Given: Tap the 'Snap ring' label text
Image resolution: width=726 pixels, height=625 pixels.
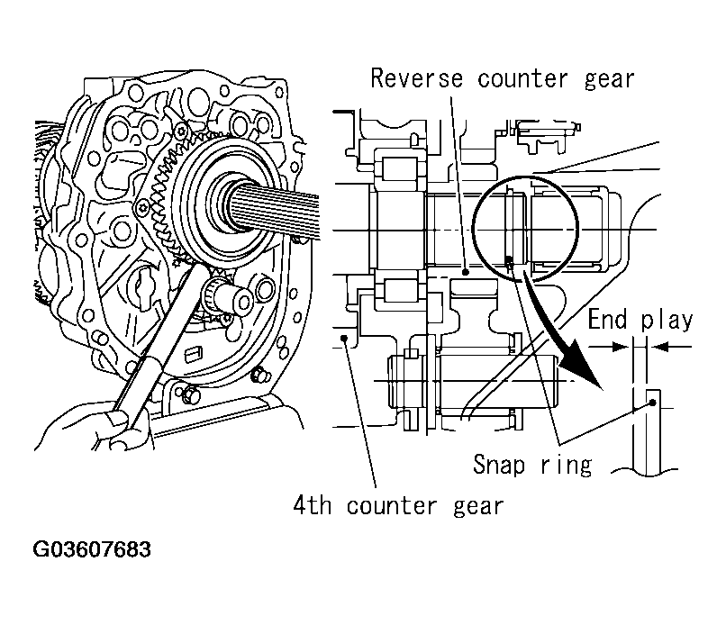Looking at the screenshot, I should click(532, 464).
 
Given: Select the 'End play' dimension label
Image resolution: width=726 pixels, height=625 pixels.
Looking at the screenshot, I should click(640, 320).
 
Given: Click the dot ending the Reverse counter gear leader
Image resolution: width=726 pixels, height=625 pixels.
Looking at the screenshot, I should click(466, 270).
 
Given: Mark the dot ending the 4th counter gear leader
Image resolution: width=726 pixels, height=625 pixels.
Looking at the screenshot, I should click(347, 339).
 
